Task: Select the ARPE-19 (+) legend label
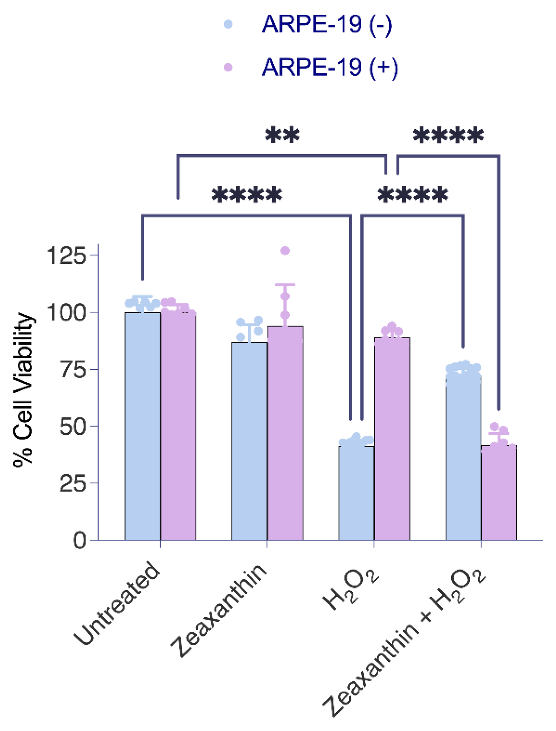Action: click(x=329, y=67)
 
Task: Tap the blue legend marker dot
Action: click(x=228, y=24)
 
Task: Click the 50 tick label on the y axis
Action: click(x=73, y=427)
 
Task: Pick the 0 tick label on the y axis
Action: click(x=79, y=541)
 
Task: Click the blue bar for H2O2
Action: click(x=356, y=494)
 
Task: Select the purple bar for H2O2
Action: click(x=392, y=439)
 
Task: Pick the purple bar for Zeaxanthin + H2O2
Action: click(x=499, y=494)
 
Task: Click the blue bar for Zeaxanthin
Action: click(x=249, y=442)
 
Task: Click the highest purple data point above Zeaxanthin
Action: click(x=285, y=251)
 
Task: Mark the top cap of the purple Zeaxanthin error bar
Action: click(x=285, y=285)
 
